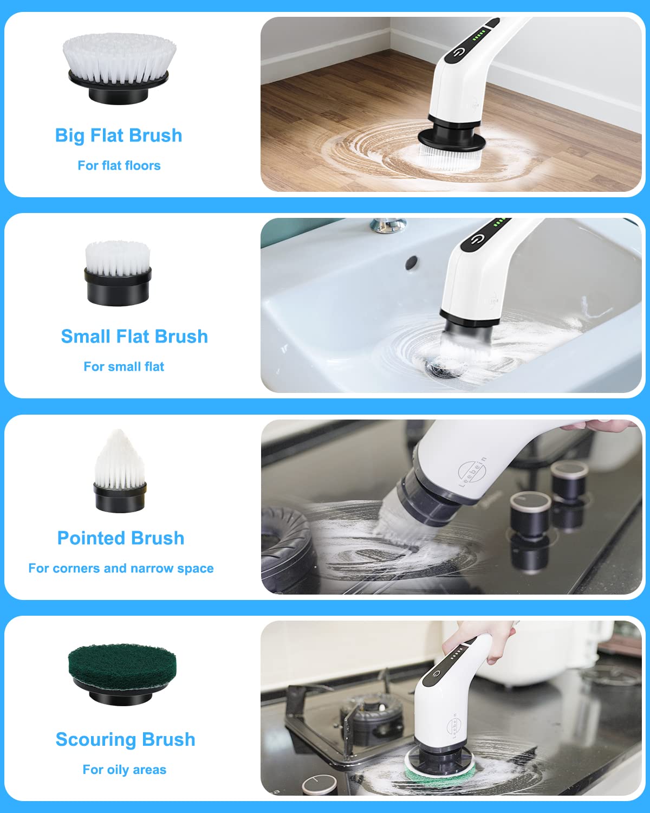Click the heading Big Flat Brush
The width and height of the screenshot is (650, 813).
(x=119, y=135)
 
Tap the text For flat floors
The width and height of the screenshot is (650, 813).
(x=119, y=165)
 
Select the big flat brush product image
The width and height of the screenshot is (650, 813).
(x=119, y=68)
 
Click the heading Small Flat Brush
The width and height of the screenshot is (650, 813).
(x=134, y=337)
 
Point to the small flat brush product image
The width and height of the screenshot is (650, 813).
(x=118, y=273)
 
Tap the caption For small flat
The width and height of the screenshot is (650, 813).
(x=123, y=367)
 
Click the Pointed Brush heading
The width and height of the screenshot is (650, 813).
(x=121, y=538)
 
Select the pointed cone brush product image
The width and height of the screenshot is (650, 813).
(x=119, y=472)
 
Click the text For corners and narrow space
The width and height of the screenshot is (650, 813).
(x=121, y=569)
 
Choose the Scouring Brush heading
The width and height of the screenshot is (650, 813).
(x=125, y=740)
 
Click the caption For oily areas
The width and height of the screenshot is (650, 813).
(x=124, y=770)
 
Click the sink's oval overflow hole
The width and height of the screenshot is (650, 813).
(x=412, y=262)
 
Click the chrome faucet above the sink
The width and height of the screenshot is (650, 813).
(x=388, y=224)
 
